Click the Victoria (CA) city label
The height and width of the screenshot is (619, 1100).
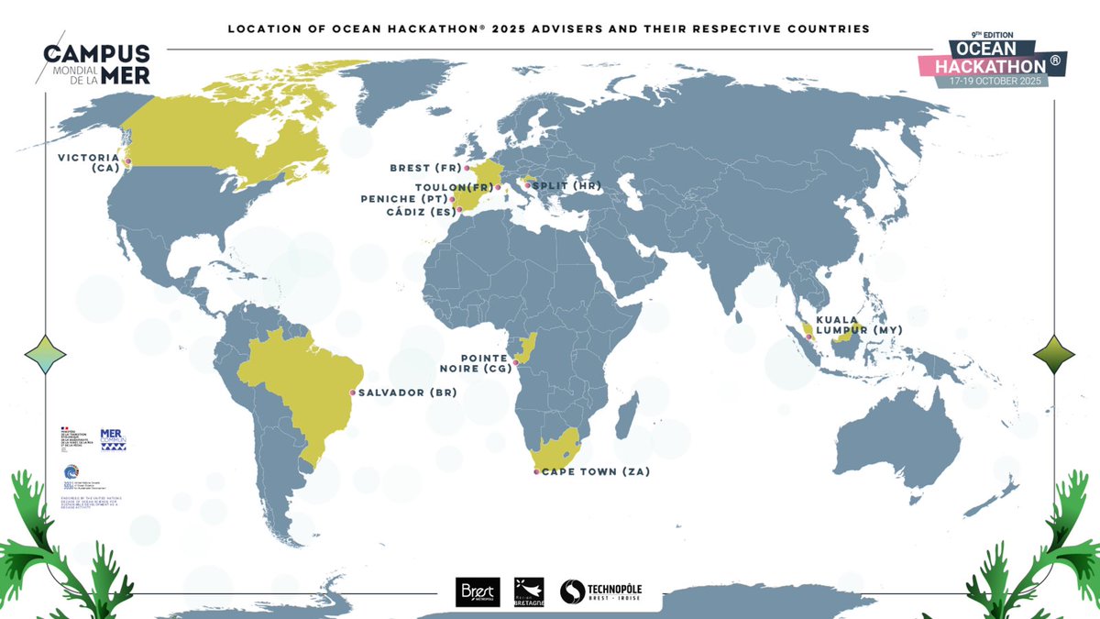(x=89, y=162)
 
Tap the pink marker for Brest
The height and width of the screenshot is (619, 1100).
(x=467, y=169)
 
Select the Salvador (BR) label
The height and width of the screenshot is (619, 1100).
(x=406, y=392)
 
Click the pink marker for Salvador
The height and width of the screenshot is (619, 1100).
(x=353, y=392)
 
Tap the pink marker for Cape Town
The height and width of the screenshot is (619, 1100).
(x=536, y=472)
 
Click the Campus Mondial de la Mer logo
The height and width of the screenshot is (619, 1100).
(x=95, y=63)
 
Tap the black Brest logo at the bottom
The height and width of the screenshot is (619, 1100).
(x=477, y=592)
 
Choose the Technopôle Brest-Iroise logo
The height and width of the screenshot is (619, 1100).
(x=600, y=592)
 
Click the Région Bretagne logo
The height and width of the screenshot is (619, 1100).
(x=529, y=592)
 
